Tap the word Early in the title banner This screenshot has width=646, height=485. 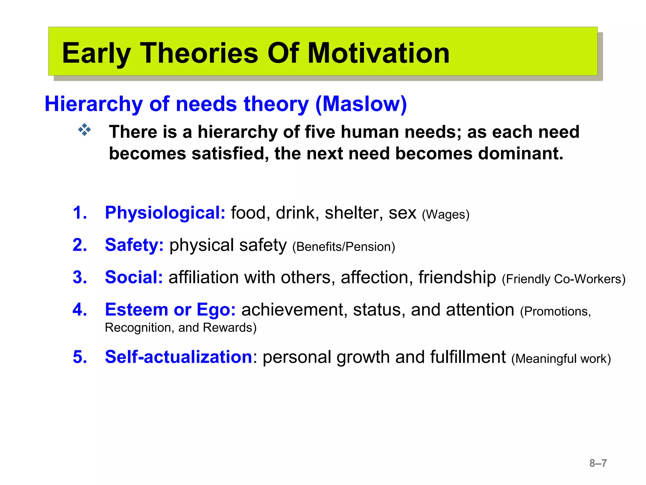(x=96, y=54)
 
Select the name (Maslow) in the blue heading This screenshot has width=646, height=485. (x=361, y=104)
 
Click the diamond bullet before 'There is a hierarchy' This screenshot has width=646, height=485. (x=85, y=130)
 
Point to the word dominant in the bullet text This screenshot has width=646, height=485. (x=520, y=154)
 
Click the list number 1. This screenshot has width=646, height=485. (x=79, y=213)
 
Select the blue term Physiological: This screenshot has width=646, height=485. (x=165, y=213)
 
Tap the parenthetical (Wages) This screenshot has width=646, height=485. (x=446, y=215)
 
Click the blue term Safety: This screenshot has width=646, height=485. (x=134, y=245)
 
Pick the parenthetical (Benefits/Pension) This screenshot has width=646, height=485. (x=344, y=247)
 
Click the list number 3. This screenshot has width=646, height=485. (x=79, y=277)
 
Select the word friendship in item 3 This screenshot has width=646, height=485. (x=457, y=277)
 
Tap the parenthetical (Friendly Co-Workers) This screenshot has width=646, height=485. (x=563, y=279)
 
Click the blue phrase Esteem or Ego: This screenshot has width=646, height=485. (x=170, y=309)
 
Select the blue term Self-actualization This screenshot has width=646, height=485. (x=179, y=357)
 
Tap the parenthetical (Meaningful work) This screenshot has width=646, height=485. (x=561, y=359)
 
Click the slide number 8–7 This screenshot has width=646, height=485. (x=598, y=463)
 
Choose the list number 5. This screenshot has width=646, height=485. (x=79, y=357)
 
